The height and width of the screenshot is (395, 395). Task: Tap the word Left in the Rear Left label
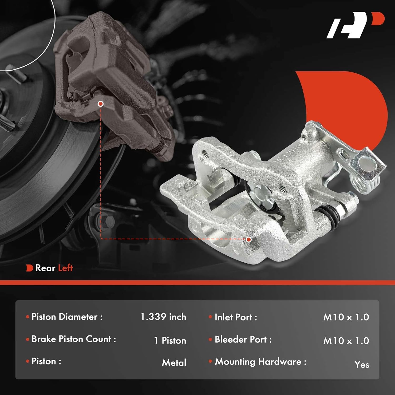[65, 268]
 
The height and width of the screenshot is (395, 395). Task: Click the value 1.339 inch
[163, 317]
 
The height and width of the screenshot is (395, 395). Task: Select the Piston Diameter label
[67, 317]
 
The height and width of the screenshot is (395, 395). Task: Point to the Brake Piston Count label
[73, 339]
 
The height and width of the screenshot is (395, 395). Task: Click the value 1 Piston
[170, 340]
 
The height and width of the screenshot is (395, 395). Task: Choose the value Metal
[174, 363]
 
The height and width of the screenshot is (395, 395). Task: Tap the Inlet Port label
[236, 317]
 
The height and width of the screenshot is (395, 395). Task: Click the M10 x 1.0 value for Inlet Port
[346, 317]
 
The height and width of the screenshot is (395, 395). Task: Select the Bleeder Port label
[243, 339]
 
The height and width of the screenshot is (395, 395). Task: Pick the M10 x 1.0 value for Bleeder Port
[346, 341]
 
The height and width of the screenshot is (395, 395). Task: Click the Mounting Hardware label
[260, 362]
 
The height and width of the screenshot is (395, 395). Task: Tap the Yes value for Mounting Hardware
[362, 364]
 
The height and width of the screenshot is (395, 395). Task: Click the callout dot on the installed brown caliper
[100, 104]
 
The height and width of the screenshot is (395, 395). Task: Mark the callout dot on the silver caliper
[248, 239]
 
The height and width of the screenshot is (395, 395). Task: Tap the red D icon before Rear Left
[29, 268]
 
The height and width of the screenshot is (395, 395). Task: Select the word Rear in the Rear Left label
[45, 268]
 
